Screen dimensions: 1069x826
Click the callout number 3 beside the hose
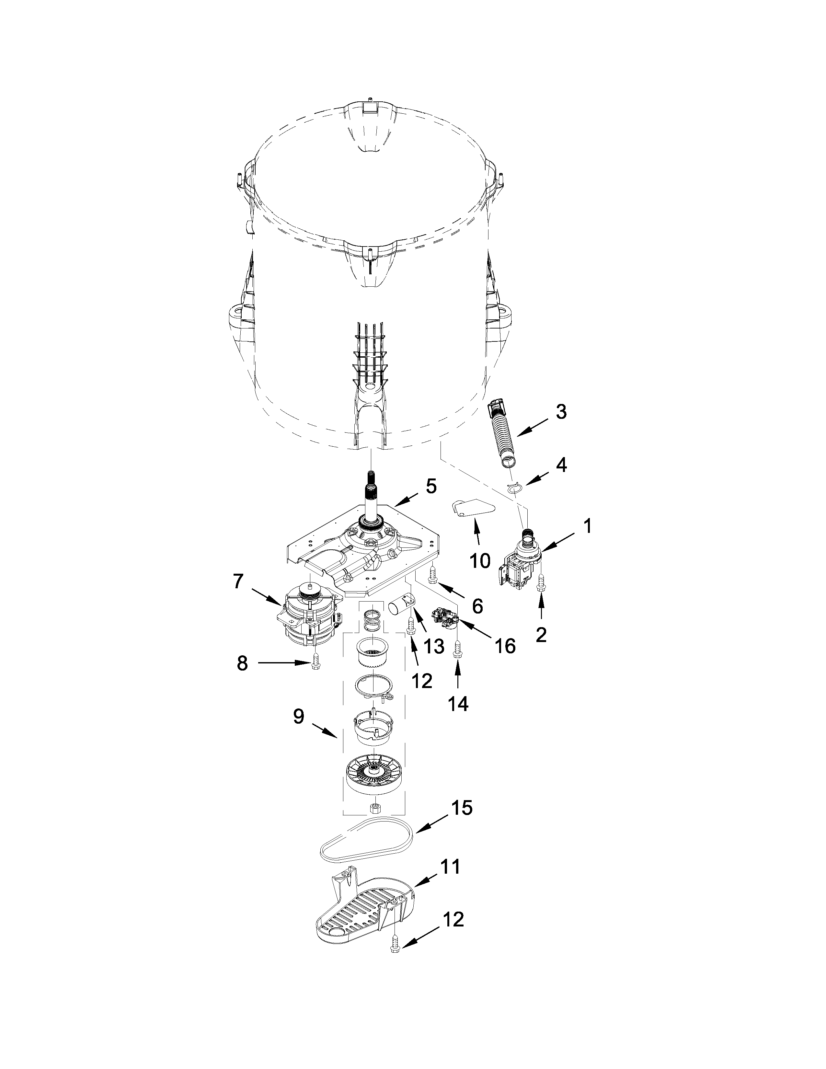click(x=561, y=412)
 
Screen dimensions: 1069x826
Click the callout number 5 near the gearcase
click(x=430, y=486)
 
